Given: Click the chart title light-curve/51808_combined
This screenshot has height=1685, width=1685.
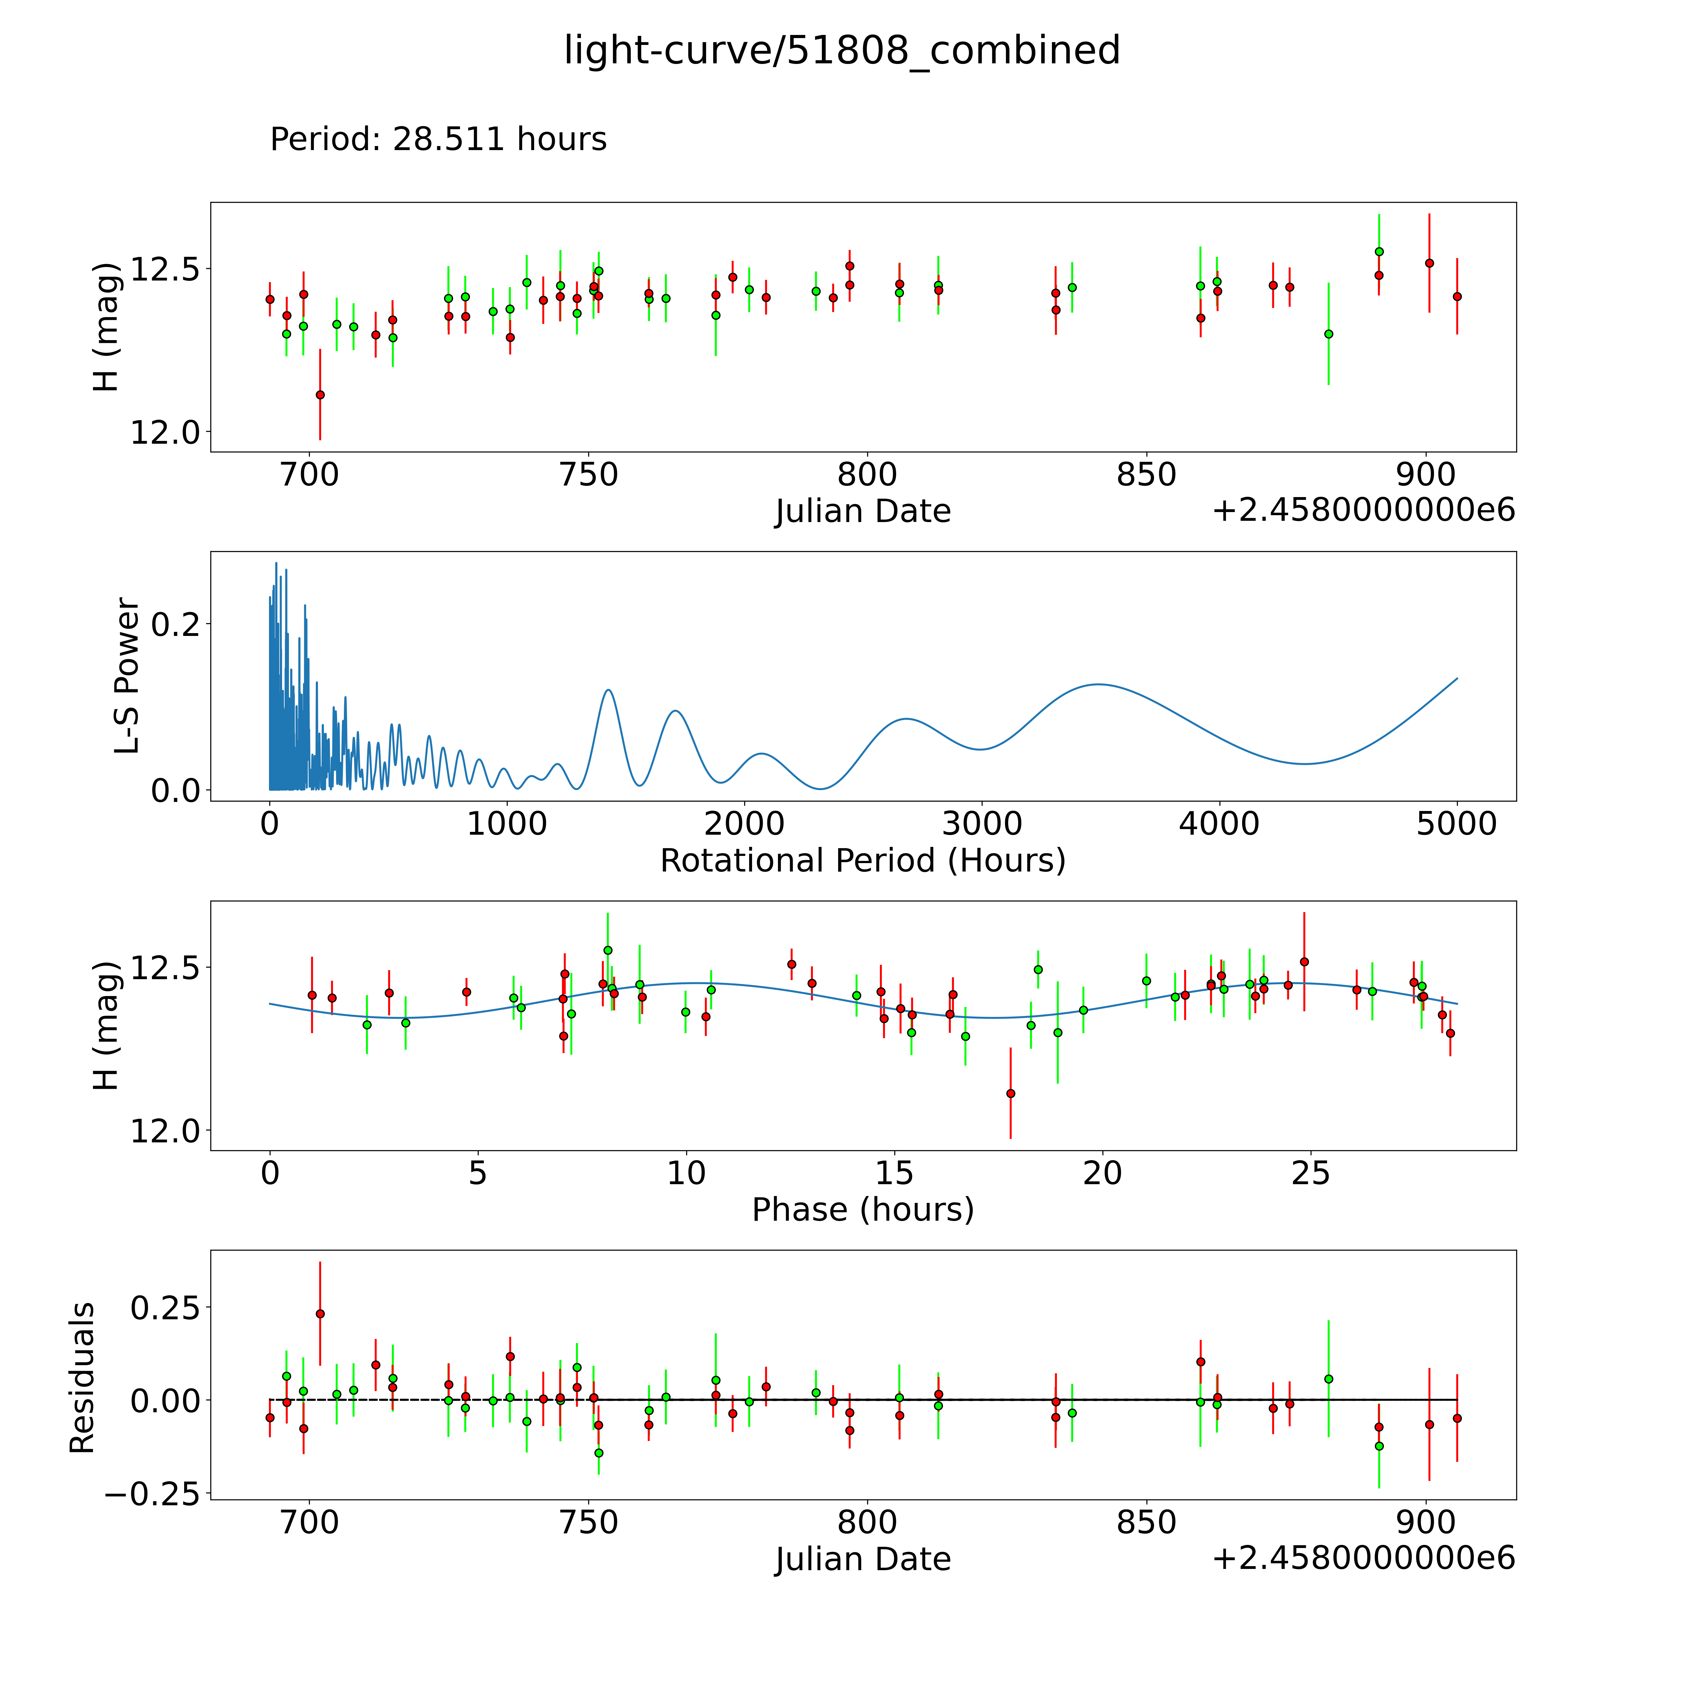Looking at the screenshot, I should click(842, 51).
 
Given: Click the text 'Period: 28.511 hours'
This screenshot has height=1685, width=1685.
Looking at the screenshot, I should click(438, 139).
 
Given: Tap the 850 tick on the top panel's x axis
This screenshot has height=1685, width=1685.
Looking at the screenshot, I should click(1146, 475).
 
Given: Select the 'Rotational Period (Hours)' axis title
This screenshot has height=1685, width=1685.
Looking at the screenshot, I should click(862, 861).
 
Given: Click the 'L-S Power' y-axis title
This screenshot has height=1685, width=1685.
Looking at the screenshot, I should click(127, 676).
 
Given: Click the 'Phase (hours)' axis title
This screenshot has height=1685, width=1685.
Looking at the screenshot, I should click(862, 1210).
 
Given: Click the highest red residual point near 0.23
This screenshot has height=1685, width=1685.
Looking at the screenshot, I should click(320, 1313).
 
